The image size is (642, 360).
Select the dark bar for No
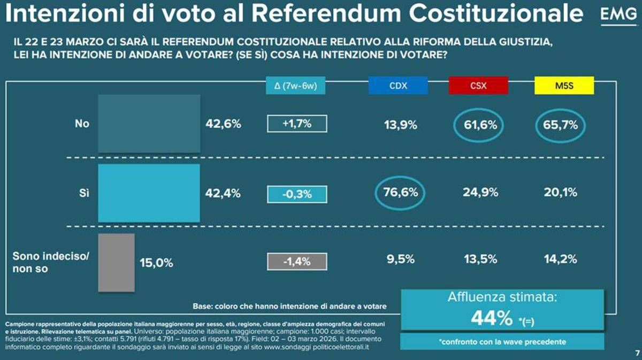coord(149,124)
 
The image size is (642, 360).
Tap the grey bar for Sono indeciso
coord(116,263)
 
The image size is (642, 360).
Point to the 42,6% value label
coord(223,124)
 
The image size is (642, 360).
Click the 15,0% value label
coord(156,263)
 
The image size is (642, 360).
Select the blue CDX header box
coord(398,86)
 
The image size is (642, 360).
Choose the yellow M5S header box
coord(564,86)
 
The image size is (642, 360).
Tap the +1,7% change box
coord(297,124)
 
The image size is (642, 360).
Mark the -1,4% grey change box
coord(297,261)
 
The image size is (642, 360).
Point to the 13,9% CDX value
coord(400,125)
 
